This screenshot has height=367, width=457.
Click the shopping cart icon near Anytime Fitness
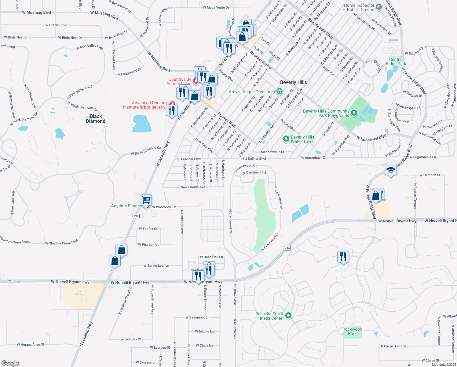tap(146, 200)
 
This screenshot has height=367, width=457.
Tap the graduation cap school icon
tap(391, 170)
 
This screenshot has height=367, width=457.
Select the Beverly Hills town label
tap(293, 82)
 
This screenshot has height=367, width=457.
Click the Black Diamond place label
tap(96, 119)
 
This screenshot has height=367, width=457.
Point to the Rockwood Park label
tap(352, 331)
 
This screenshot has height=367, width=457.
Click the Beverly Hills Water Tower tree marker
tap(286, 139)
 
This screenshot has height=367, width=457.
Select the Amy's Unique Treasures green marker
tap(279, 91)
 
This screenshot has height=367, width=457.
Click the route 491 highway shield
tap(136, 216)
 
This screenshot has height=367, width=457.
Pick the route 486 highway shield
tap(287, 248)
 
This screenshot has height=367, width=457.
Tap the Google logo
tap(10, 363)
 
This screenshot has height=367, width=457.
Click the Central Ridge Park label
tap(396, 61)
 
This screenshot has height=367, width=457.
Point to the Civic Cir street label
tap(377, 66)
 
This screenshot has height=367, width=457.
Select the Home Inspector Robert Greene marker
tap(378, 7)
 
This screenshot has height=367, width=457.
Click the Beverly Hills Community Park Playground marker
tap(354, 113)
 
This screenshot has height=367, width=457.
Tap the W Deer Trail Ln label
tap(211, 257)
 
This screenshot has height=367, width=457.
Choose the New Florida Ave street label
tap(193, 187)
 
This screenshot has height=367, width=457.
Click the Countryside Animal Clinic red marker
tap(196, 81)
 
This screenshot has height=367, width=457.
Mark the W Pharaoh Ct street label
tap(148, 244)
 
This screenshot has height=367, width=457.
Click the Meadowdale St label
tap(272, 152)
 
